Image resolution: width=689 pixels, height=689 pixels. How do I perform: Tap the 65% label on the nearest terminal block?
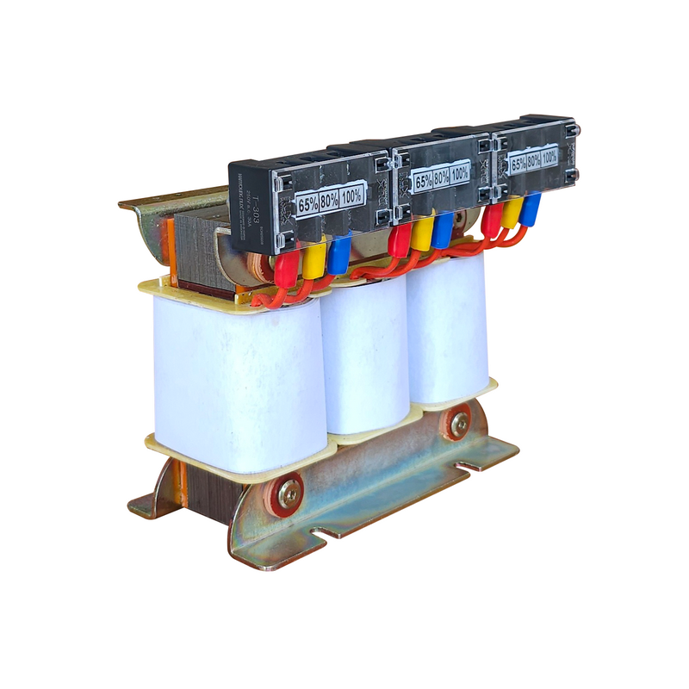pos(307,205)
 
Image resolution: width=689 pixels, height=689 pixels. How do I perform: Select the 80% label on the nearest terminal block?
pos(329,200)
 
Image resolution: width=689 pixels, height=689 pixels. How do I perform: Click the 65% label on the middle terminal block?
pos(423,182)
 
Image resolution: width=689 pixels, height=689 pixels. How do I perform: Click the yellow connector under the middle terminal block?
pos(421,233)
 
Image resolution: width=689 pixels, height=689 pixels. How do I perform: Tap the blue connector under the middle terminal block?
pos(443,229)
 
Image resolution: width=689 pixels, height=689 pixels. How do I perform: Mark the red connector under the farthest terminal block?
pos(492,220)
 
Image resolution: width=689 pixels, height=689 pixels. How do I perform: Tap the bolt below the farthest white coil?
pos(459,423)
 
